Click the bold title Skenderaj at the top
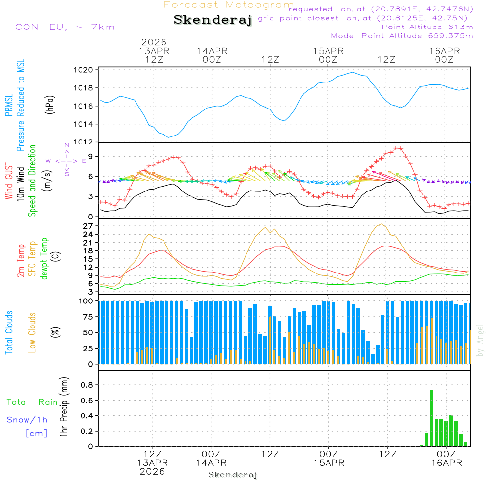coord(213,20)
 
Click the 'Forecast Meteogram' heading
coord(229,5)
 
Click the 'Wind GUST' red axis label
coord(9,181)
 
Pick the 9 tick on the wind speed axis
coord(90,156)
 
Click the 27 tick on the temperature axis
coord(88,226)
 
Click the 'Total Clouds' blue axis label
coord(9,332)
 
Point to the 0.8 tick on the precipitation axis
coord(87,385)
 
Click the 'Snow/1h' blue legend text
coord(27,420)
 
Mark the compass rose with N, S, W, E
coord(67,160)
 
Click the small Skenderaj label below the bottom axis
coord(233,475)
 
